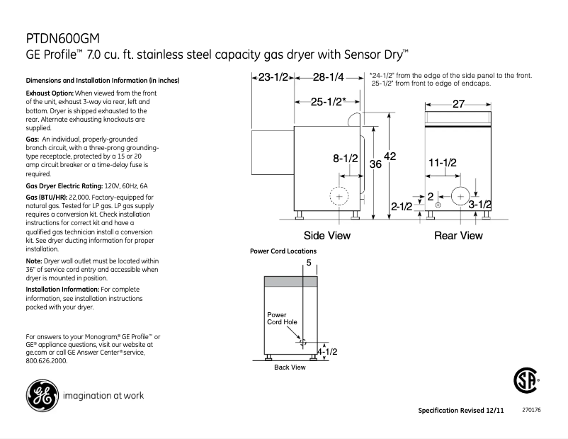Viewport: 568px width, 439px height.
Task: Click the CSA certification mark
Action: coord(526,383)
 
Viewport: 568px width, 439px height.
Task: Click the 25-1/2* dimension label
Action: coord(328,101)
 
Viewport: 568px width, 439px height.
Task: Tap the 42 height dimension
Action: coord(390,156)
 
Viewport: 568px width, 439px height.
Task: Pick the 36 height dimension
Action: coord(376,164)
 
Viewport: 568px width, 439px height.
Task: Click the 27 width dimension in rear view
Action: coord(458,103)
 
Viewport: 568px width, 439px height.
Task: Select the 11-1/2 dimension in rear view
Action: coord(443,162)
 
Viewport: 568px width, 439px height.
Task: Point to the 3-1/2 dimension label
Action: coord(481,205)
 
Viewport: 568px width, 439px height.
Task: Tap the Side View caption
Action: coord(326,235)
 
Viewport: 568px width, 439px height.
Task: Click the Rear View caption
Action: coord(458,235)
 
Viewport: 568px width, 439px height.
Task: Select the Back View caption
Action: coord(290,367)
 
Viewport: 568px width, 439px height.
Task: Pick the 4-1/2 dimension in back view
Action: coord(326,351)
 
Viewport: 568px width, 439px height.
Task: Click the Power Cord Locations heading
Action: coord(283,251)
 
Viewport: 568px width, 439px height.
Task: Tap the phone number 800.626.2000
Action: coord(46,360)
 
